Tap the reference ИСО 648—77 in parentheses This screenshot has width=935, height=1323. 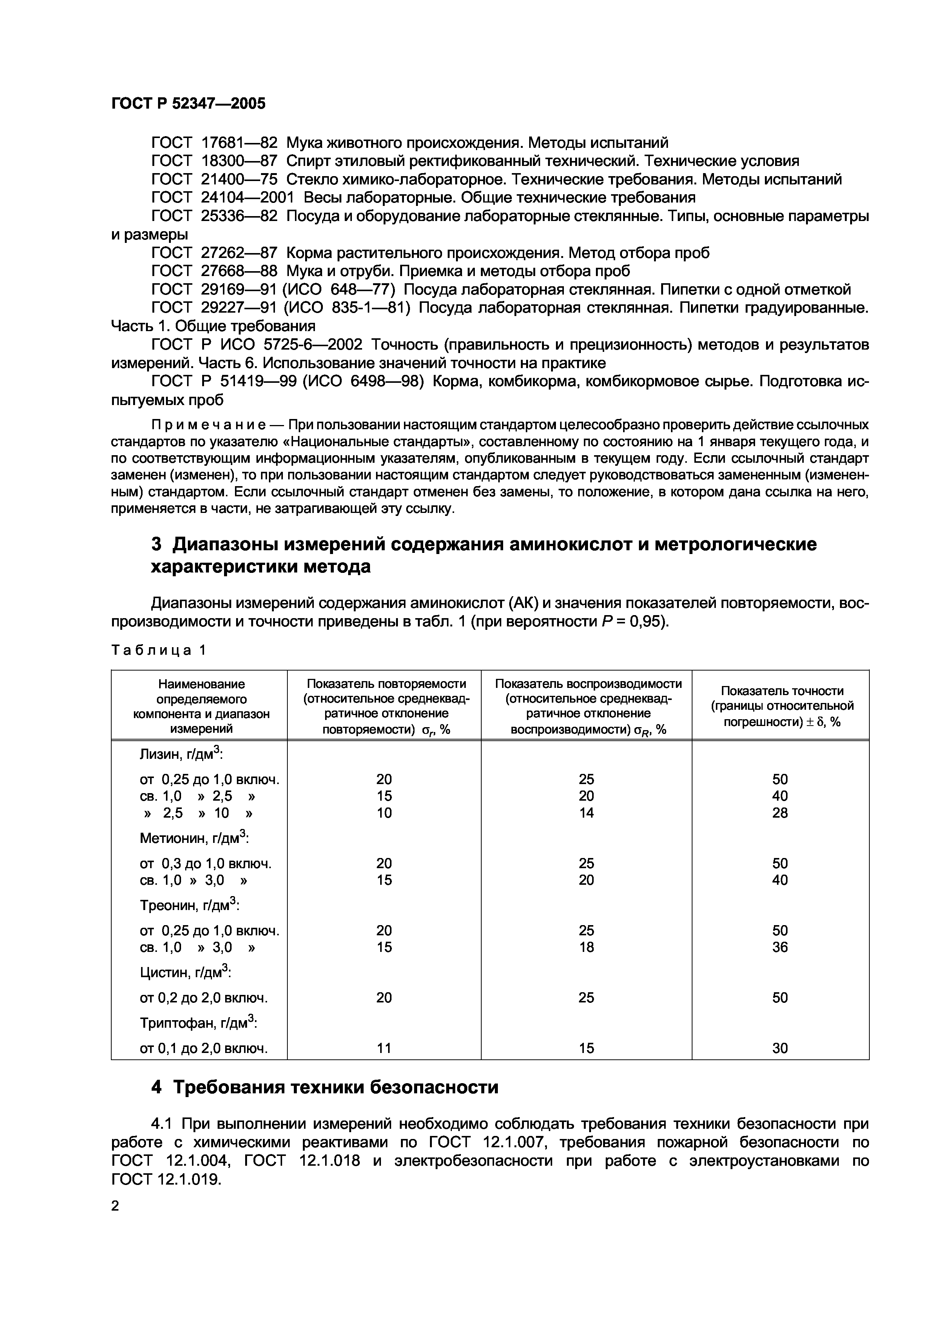[x=357, y=289]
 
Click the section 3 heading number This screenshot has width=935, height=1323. [x=156, y=545]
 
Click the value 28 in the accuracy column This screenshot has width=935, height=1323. [x=780, y=813]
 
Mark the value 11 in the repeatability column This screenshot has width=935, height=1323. [x=384, y=1048]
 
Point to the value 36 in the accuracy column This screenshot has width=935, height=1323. [x=780, y=947]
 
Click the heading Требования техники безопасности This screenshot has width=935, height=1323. [x=335, y=1087]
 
